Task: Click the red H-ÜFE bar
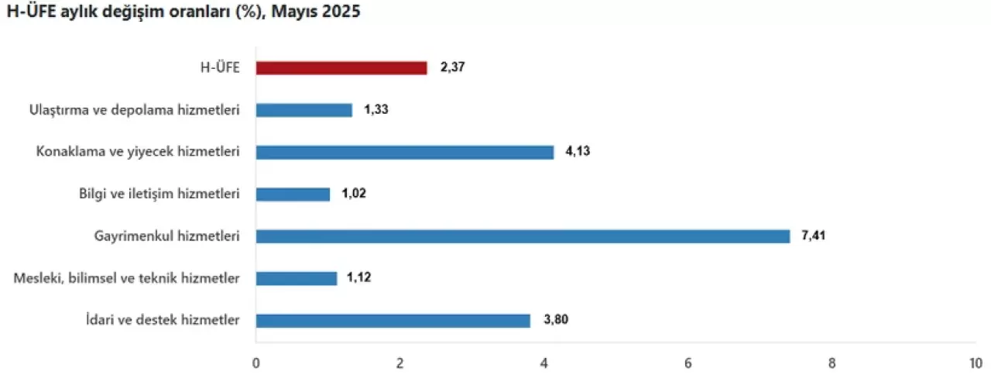tap(341, 68)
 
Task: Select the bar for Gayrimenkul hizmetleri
tap(523, 236)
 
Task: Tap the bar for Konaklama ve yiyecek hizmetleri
tap(405, 152)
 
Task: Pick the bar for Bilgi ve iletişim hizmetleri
tap(293, 194)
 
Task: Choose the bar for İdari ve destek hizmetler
tap(393, 320)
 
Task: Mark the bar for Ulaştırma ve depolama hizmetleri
tap(303, 110)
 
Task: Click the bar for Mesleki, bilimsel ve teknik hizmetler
tap(296, 278)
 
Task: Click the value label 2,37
tap(453, 68)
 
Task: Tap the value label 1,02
tap(354, 194)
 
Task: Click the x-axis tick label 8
tap(832, 363)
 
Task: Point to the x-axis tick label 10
tap(975, 363)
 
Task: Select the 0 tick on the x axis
tap(256, 363)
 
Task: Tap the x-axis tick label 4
tap(544, 363)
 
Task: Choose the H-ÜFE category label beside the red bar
tap(219, 68)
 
